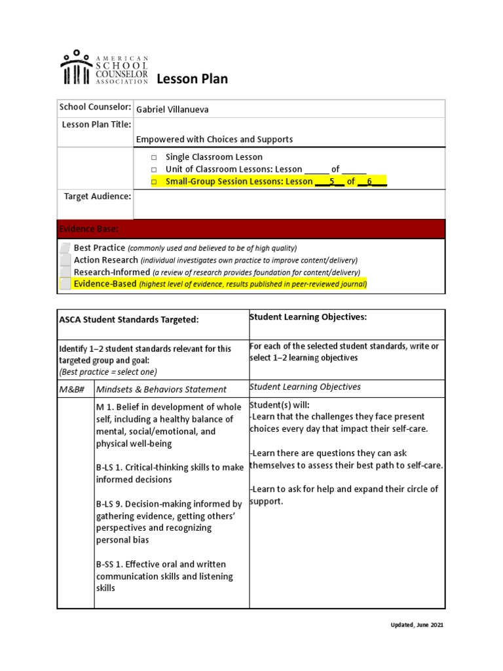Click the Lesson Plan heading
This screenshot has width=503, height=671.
[191, 79]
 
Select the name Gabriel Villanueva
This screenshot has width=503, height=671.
[172, 109]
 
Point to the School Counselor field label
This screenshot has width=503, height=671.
[95, 107]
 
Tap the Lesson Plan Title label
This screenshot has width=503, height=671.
[97, 125]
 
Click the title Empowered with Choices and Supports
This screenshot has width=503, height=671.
[214, 139]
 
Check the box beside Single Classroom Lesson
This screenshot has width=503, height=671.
[154, 157]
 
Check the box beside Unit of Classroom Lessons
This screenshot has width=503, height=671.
[154, 170]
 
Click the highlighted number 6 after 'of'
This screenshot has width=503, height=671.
[369, 182]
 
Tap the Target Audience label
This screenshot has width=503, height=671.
[98, 196]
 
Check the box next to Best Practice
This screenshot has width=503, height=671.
[65, 248]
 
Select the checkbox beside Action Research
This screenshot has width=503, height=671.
[65, 260]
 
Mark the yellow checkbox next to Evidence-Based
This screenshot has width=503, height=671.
[65, 284]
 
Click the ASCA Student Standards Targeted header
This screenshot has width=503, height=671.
[128, 319]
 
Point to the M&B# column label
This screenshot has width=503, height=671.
[73, 389]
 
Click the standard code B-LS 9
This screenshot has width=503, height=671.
[113, 504]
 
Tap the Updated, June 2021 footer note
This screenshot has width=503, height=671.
[413, 625]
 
